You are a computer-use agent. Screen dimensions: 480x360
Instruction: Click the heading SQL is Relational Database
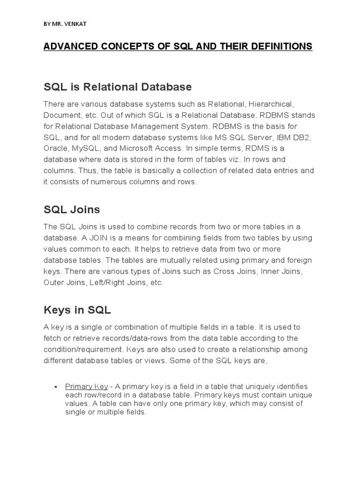tap(118, 87)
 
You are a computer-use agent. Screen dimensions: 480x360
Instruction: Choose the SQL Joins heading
tap(72, 210)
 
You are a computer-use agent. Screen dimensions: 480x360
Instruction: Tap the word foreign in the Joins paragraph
tap(296, 260)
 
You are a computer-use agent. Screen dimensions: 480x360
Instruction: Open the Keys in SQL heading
tap(77, 310)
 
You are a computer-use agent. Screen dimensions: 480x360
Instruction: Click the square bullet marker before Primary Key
tap(56, 387)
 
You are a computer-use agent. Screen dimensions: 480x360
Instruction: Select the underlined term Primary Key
tap(87, 387)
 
